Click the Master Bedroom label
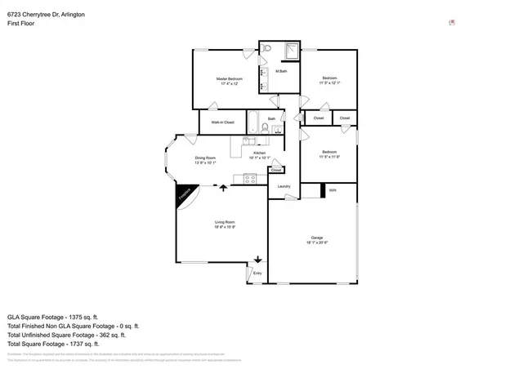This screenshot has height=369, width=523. pos(228,78)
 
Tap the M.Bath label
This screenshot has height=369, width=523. pos(280,73)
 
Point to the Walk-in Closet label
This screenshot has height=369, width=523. pos(222,122)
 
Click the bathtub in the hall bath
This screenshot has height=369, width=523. pos(253,122)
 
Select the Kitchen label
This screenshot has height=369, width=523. pos(258,153)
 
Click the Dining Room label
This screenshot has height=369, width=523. pos(205,157)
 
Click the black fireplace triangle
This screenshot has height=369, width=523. pos(184,198)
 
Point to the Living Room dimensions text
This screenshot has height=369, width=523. pos(225,227)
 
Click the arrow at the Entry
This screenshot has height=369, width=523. pos(257,260)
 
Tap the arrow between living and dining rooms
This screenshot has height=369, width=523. pos(222,188)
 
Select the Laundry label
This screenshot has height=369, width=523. pos(284,187)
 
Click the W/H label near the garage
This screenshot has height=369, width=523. pos(333,190)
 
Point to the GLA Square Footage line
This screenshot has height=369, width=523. pos(52,316)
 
